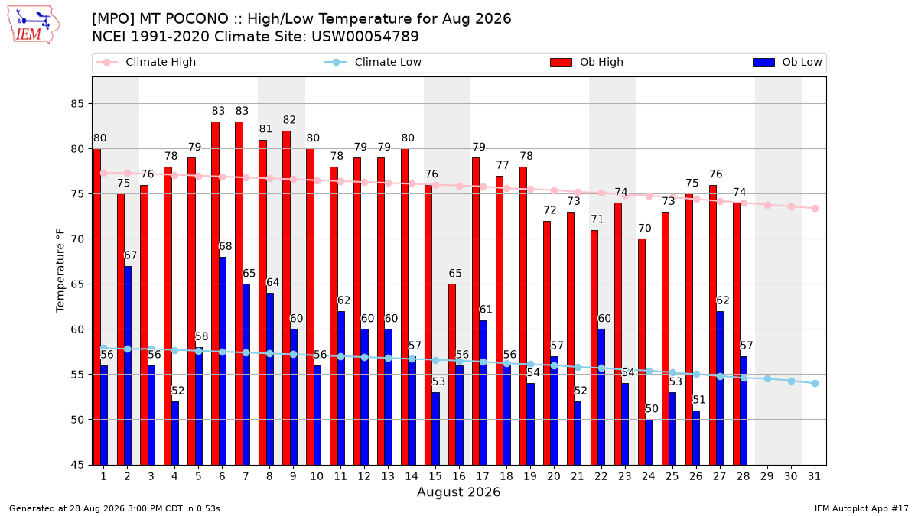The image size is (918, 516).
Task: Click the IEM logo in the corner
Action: (34, 25)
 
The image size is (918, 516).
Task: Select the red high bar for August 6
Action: (215, 294)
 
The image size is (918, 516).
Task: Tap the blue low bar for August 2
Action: (128, 365)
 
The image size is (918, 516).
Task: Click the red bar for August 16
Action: (452, 375)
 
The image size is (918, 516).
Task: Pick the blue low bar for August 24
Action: (649, 442)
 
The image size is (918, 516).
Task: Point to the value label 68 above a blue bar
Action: (226, 246)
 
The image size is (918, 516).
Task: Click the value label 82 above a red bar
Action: (289, 119)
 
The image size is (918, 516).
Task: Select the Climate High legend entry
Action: (146, 62)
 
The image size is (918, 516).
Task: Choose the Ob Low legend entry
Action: (787, 62)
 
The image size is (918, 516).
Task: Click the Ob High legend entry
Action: (587, 62)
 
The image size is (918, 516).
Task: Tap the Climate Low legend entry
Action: (373, 62)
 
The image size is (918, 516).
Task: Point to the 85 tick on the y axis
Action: (77, 104)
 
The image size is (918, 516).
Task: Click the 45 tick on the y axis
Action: (77, 465)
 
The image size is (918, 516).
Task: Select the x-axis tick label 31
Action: (814, 476)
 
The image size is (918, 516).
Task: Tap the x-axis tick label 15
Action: (435, 476)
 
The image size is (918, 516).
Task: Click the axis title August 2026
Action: (458, 492)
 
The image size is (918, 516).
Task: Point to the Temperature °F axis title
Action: (60, 271)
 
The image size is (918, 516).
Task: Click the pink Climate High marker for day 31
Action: (815, 209)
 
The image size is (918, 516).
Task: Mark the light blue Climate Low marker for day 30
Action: (791, 381)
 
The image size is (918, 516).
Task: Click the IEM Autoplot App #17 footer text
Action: (861, 508)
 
